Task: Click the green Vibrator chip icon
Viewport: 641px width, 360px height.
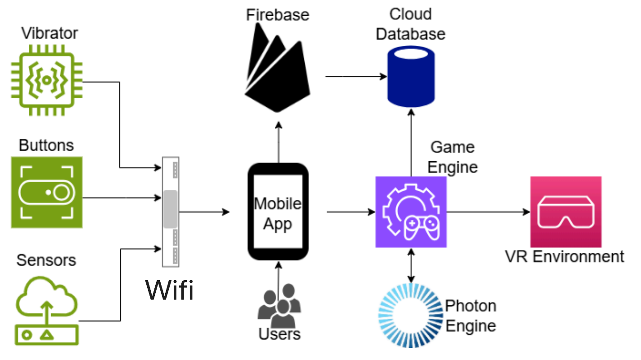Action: tap(47, 79)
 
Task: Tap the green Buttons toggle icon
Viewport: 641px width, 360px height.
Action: tap(47, 192)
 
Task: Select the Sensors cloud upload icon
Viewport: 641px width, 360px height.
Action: tap(47, 311)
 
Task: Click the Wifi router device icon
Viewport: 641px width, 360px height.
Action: tap(171, 211)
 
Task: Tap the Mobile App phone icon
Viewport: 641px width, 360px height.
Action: tap(278, 211)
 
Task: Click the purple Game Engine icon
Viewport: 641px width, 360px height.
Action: tap(411, 211)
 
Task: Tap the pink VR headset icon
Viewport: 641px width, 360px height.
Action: tap(565, 211)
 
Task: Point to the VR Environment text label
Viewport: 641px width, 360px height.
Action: tap(564, 257)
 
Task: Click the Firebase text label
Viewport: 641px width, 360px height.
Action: tap(277, 15)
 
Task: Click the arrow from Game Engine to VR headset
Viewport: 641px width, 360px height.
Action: tap(488, 211)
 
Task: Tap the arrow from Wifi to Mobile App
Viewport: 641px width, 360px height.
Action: tap(204, 211)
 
